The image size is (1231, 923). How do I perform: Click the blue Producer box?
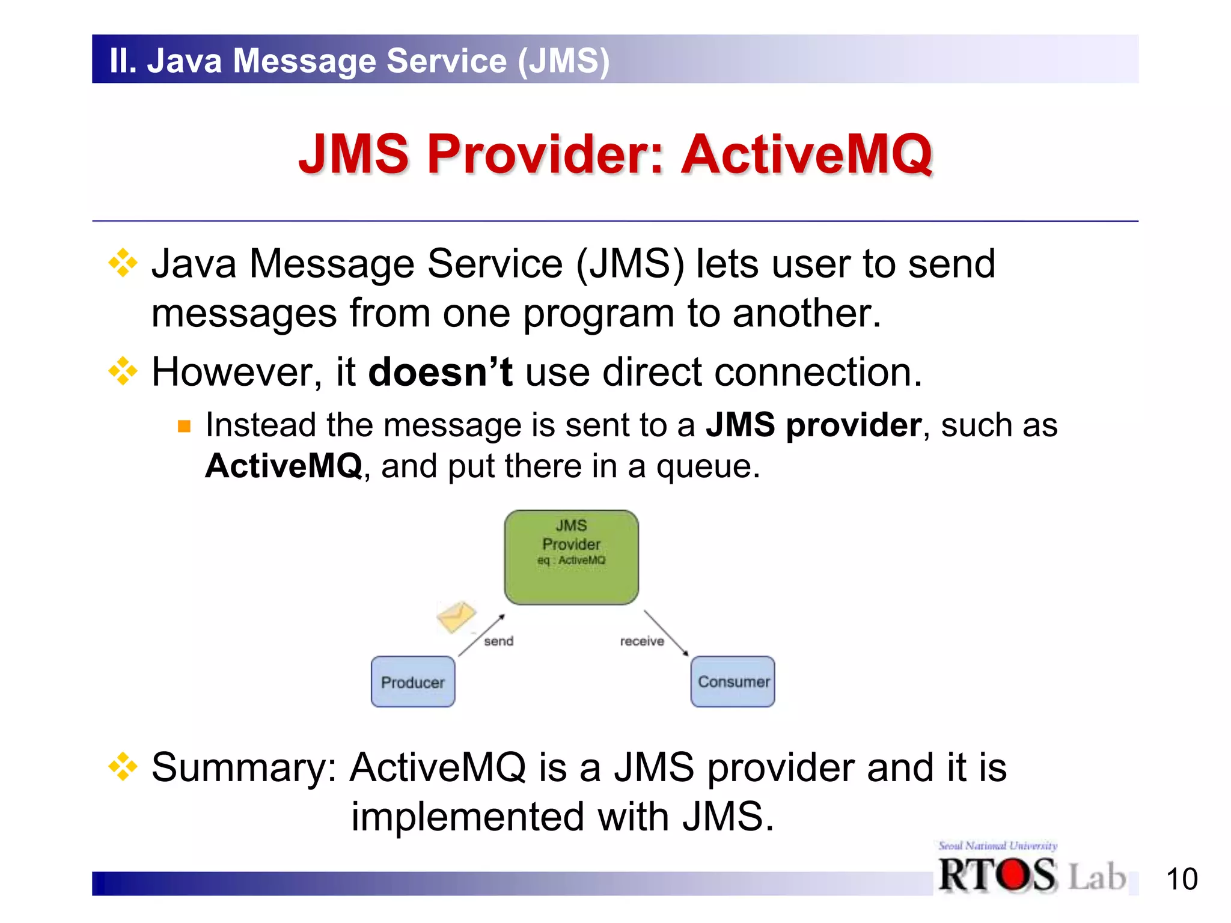(x=413, y=682)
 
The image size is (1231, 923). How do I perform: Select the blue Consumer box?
(x=733, y=681)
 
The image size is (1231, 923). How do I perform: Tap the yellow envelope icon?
(x=456, y=617)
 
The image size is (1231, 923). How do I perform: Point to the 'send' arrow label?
(x=499, y=641)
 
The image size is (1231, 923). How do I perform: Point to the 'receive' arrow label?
(x=642, y=641)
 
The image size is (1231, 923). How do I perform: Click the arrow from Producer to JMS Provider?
(x=481, y=636)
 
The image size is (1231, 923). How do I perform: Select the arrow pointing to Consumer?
(x=666, y=633)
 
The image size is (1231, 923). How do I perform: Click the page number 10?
(x=1182, y=879)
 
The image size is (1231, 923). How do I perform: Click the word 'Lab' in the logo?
(x=1096, y=877)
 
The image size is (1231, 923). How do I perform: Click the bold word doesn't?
(x=440, y=372)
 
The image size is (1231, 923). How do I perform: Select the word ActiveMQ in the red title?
(x=807, y=154)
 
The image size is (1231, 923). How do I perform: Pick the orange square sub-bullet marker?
(x=184, y=427)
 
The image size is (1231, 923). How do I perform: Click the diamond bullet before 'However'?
(x=123, y=371)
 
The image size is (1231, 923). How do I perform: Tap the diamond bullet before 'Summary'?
(x=123, y=767)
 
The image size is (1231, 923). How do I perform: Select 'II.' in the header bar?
(x=123, y=61)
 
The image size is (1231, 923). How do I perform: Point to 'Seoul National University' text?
(x=998, y=846)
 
